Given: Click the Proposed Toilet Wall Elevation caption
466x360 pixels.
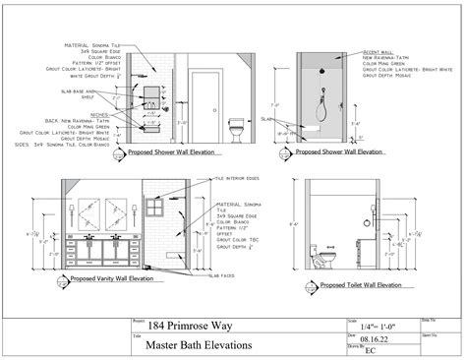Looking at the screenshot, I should coord(361,285).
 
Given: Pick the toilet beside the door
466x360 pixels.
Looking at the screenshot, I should coord(235,129).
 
